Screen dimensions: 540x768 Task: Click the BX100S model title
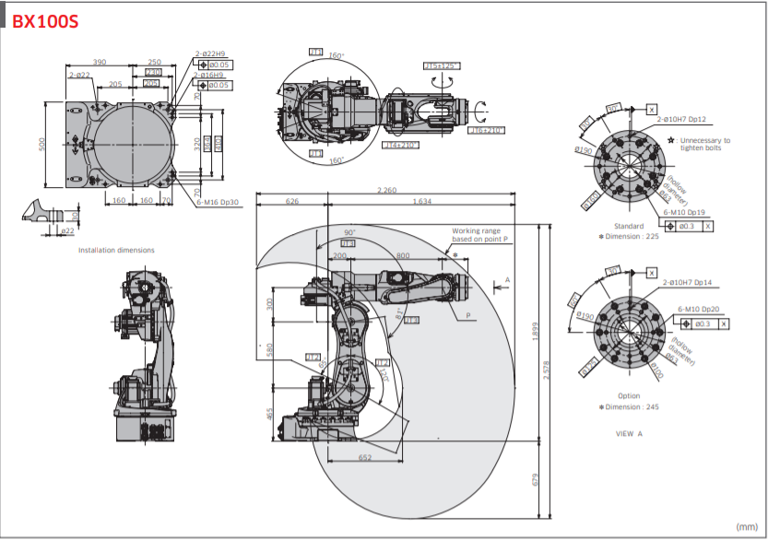tap(44, 21)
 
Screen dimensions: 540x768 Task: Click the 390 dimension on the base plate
tap(99, 62)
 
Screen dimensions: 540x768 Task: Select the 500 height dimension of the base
tap(43, 146)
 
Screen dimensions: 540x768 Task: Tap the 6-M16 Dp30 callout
tap(218, 202)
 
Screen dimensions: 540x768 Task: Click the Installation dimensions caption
tap(116, 250)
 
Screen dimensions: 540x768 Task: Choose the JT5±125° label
tap(442, 65)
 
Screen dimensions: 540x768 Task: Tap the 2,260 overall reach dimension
tap(387, 190)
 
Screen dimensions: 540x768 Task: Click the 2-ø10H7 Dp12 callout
tap(681, 120)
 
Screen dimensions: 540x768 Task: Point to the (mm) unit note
tap(746, 526)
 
